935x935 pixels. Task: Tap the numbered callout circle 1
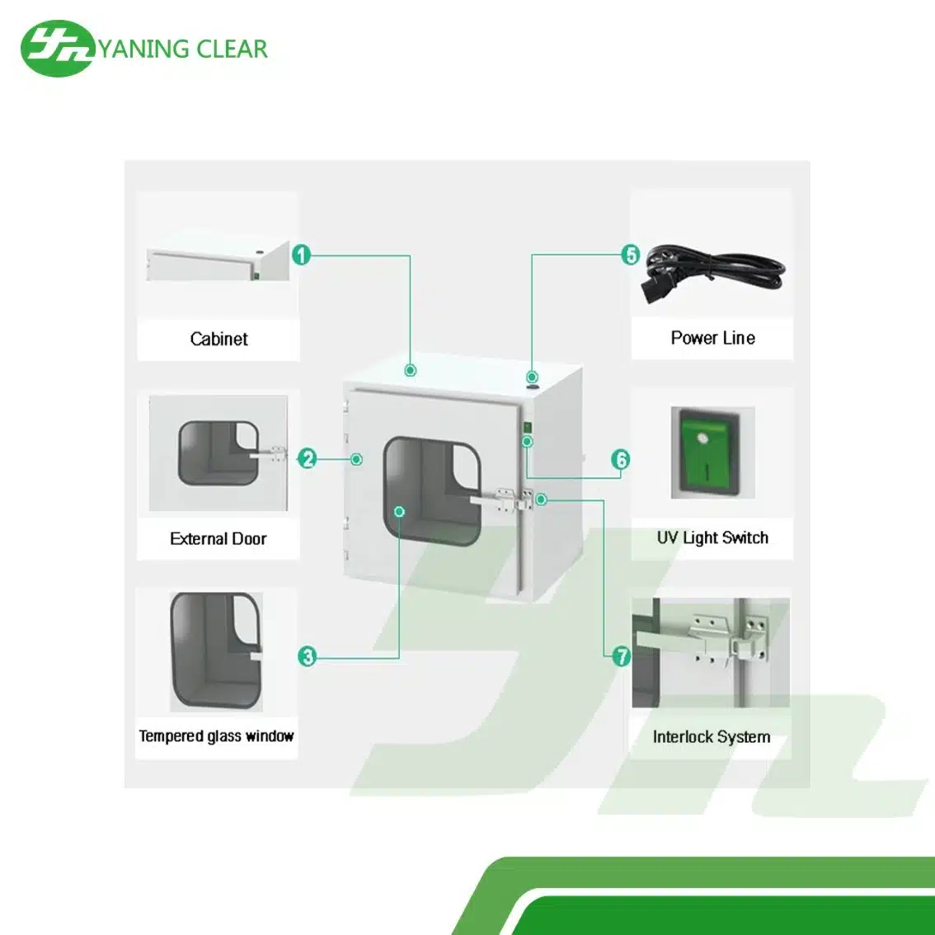[302, 255]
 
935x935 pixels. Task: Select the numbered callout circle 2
[308, 458]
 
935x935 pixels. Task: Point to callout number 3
[308, 656]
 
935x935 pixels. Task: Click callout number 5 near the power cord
[631, 255]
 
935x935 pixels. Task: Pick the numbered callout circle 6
[621, 459]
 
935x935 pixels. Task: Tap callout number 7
[621, 656]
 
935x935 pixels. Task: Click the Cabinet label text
[218, 339]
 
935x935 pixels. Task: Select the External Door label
[218, 539]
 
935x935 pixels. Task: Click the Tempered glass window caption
[216, 736]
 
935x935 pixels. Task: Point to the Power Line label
[712, 338]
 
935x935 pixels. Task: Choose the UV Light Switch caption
[712, 538]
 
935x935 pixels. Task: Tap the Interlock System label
[711, 737]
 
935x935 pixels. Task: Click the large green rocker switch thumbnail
[712, 453]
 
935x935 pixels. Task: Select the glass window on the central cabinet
[432, 491]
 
